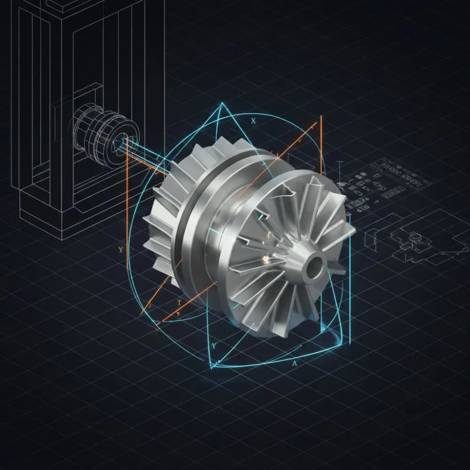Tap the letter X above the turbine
click(x=254, y=121)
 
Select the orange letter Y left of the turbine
click(x=121, y=250)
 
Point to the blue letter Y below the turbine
click(x=214, y=346)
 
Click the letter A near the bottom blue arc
click(x=295, y=364)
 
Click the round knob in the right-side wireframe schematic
click(x=415, y=237)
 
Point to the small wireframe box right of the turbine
click(x=371, y=237)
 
